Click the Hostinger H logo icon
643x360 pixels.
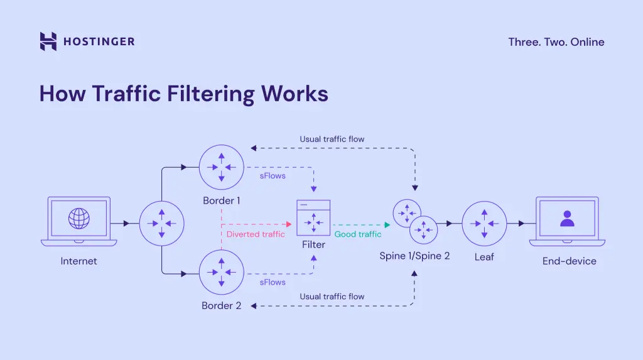click(x=48, y=41)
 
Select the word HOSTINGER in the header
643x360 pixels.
click(x=99, y=42)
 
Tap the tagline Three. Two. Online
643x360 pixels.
click(x=556, y=42)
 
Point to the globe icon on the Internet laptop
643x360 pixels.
click(x=78, y=219)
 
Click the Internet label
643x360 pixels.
click(x=78, y=261)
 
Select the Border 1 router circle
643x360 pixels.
click(x=222, y=166)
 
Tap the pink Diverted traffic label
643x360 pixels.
click(x=256, y=234)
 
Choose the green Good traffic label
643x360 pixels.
click(x=358, y=234)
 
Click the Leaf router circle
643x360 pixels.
click(x=484, y=223)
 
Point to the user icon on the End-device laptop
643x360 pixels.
click(x=567, y=218)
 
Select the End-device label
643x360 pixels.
click(x=570, y=261)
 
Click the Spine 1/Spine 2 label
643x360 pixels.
click(x=414, y=256)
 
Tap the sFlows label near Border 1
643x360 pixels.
click(x=273, y=176)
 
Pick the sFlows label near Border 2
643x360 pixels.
click(x=273, y=282)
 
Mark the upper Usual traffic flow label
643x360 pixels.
click(x=332, y=139)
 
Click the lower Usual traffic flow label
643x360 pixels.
click(x=332, y=296)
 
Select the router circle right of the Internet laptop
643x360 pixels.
click(x=161, y=223)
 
